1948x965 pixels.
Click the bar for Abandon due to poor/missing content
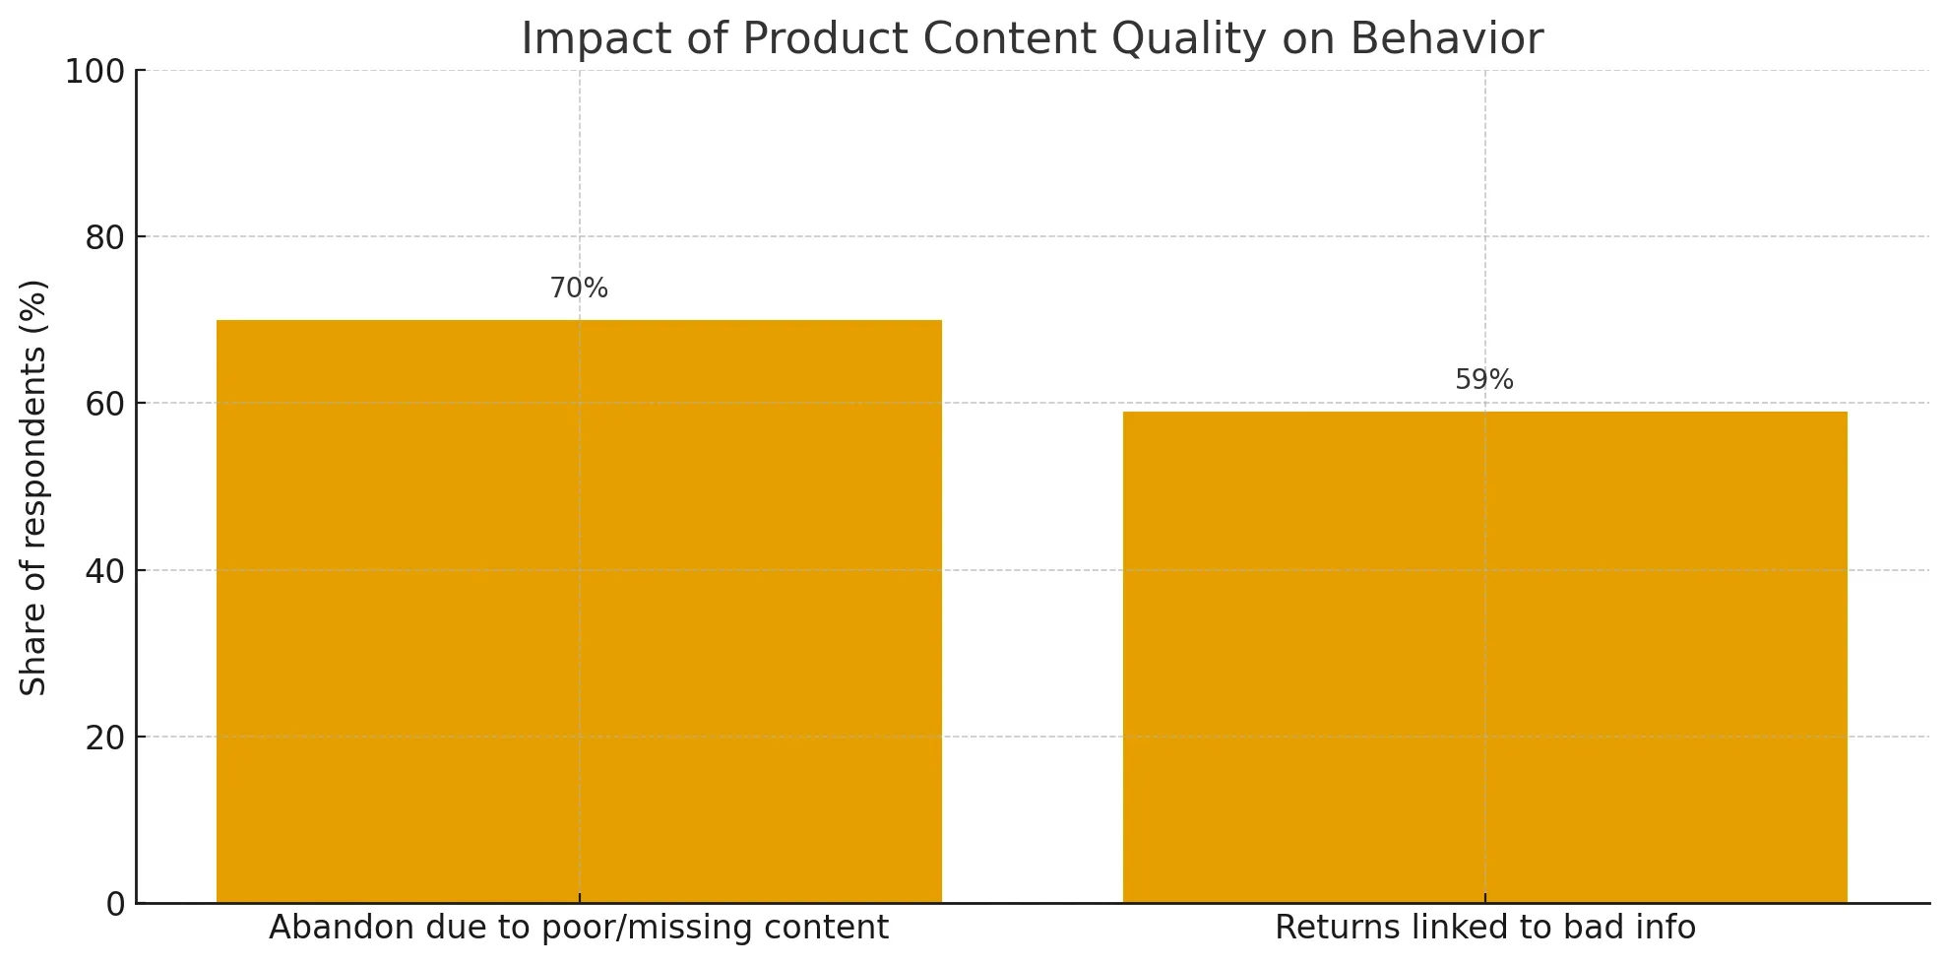(579, 611)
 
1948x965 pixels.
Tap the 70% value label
(579, 289)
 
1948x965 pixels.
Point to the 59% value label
(1484, 380)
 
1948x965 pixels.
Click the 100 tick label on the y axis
(94, 72)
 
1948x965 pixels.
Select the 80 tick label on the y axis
(104, 238)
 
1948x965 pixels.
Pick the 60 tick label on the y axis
(104, 405)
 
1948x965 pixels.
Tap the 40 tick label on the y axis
(104, 571)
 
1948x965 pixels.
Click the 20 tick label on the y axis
(104, 738)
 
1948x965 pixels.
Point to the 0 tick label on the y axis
(116, 904)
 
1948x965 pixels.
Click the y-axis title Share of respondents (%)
(34, 487)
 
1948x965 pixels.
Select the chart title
(1032, 39)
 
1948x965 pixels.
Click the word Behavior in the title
(1446, 39)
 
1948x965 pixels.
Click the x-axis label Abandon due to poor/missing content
(579, 928)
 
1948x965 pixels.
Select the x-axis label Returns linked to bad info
(1484, 928)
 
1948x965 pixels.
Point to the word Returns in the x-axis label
(1328, 928)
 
